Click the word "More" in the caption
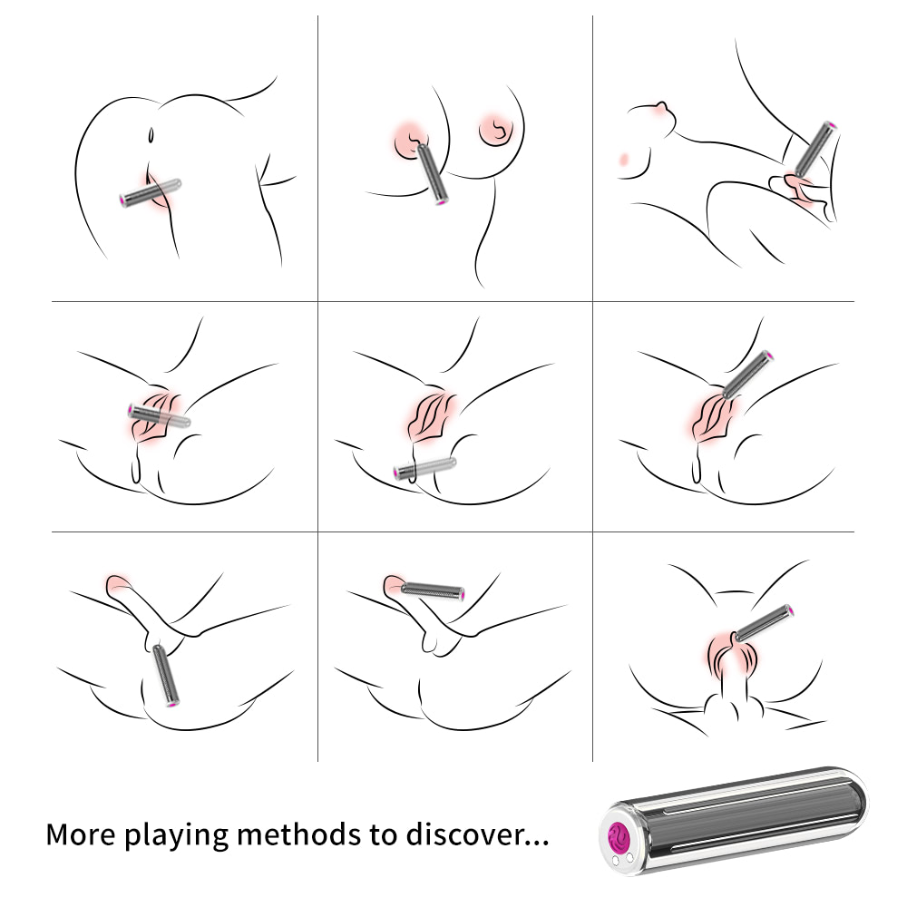tap(81, 834)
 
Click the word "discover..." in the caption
tap(478, 834)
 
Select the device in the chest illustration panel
tap(432, 174)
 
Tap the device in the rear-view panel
tap(151, 192)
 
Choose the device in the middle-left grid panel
tap(159, 416)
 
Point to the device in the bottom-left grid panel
tap(165, 676)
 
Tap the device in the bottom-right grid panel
tap(764, 623)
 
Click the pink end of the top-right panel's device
tap(831, 125)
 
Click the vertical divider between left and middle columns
tap(317, 389)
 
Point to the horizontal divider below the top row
tap(453, 301)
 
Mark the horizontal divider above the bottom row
tap(453, 532)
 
